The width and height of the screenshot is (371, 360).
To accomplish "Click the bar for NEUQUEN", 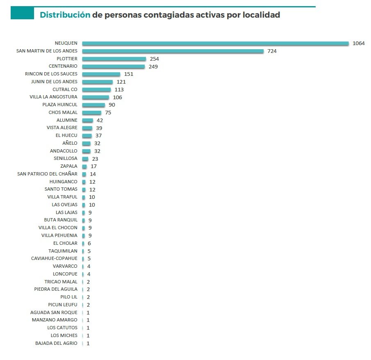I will [215, 43].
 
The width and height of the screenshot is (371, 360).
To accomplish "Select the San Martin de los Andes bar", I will [173, 51].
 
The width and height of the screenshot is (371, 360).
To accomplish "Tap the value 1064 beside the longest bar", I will [358, 43].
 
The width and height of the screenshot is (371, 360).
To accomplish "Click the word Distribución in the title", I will [65, 15].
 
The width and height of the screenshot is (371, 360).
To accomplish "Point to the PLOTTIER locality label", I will [66, 59].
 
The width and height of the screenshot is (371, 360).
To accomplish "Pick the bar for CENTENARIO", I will [114, 66].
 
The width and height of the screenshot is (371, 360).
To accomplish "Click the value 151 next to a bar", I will [128, 74].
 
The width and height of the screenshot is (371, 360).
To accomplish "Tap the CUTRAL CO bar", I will [96, 89].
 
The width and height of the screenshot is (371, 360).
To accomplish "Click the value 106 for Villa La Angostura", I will [117, 97].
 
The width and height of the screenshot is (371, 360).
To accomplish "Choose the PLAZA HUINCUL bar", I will [93, 105].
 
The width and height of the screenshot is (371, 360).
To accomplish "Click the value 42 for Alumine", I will [100, 120].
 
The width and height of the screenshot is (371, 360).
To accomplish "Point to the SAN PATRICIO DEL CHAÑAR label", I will [47, 174].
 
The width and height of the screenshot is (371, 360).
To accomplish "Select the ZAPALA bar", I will [84, 166].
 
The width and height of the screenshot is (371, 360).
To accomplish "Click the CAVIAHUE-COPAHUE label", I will [54, 259].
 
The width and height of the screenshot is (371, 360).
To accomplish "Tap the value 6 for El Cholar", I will [89, 243].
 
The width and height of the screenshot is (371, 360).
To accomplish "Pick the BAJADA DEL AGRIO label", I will [56, 343].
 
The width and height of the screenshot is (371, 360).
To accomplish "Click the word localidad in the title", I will [263, 15].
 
